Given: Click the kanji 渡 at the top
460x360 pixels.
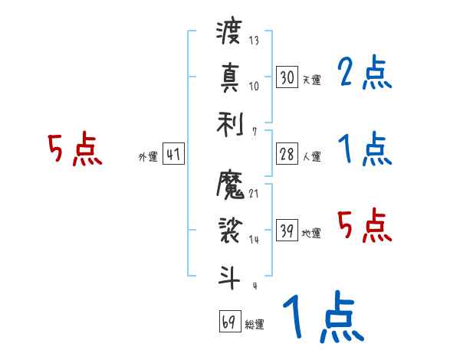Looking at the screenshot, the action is (229, 34).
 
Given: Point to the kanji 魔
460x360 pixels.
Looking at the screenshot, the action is (230, 185).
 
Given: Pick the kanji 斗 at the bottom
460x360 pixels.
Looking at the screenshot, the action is (229, 274).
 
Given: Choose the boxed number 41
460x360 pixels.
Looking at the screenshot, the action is (172, 155).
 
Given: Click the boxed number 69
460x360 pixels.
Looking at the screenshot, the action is (229, 322).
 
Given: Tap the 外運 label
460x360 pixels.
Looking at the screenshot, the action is (147, 158).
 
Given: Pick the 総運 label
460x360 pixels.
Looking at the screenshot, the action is (254, 325).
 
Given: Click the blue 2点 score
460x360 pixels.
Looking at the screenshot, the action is (366, 74).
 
